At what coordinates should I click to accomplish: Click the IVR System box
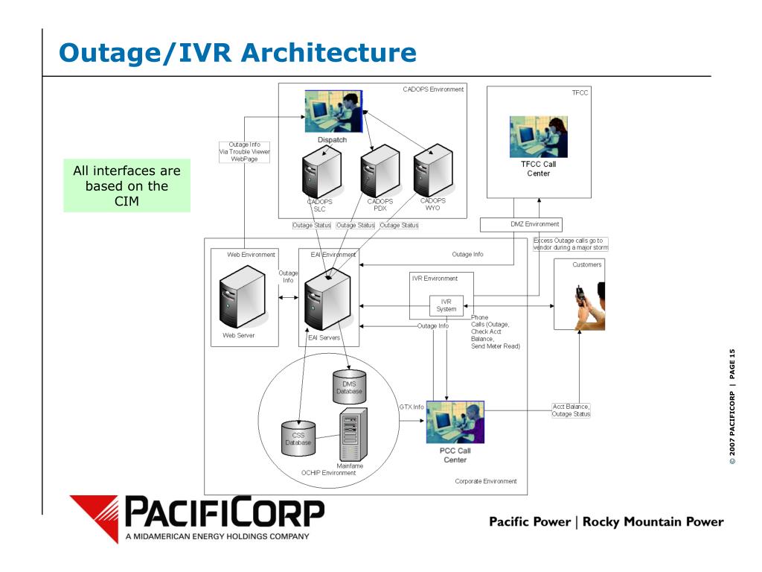coord(446,305)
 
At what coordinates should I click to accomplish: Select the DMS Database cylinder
coord(350,387)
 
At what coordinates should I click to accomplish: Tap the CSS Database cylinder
coord(298,438)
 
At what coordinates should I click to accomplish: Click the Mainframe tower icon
coord(353,434)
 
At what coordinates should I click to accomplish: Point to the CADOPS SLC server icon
coord(321,172)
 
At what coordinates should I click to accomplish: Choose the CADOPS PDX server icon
coord(380,171)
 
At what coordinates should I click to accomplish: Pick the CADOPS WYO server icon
coord(433,171)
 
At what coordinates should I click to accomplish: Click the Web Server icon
coord(243,296)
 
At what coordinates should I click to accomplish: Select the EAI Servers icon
coord(327,299)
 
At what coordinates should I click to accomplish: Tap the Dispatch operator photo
coord(333,112)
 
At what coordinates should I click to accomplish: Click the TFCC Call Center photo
coord(539,137)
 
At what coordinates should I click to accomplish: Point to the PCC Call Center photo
coord(455,422)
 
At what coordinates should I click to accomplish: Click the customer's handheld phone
coord(580,296)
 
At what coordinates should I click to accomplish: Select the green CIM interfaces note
coord(127,185)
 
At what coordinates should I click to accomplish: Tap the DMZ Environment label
coord(534,224)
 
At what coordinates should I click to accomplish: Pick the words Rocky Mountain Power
coord(653,522)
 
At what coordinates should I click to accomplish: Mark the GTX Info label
coord(412,407)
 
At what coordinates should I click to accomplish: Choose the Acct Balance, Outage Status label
coord(571,410)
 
